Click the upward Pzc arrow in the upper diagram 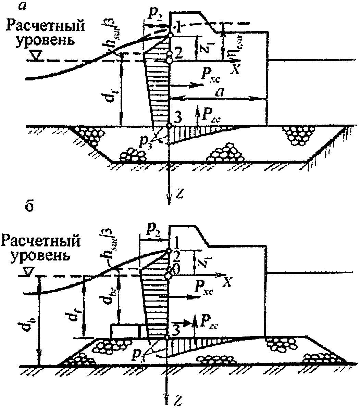click(198, 115)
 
